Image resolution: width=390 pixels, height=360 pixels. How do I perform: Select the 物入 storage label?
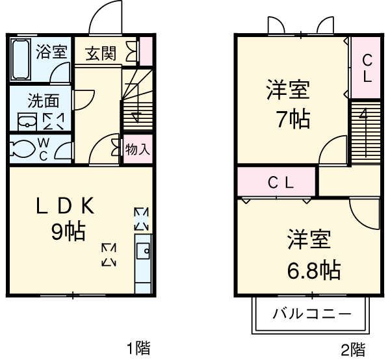click(x=137, y=149)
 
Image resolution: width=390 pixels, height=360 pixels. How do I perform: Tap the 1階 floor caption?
click(x=138, y=348)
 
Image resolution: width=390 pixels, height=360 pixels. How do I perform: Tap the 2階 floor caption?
click(x=353, y=349)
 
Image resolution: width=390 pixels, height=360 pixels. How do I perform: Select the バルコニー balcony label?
click(x=311, y=315)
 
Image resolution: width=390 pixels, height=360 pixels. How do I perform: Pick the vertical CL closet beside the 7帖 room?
click(x=367, y=68)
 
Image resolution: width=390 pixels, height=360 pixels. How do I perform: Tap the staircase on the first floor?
click(x=136, y=98)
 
